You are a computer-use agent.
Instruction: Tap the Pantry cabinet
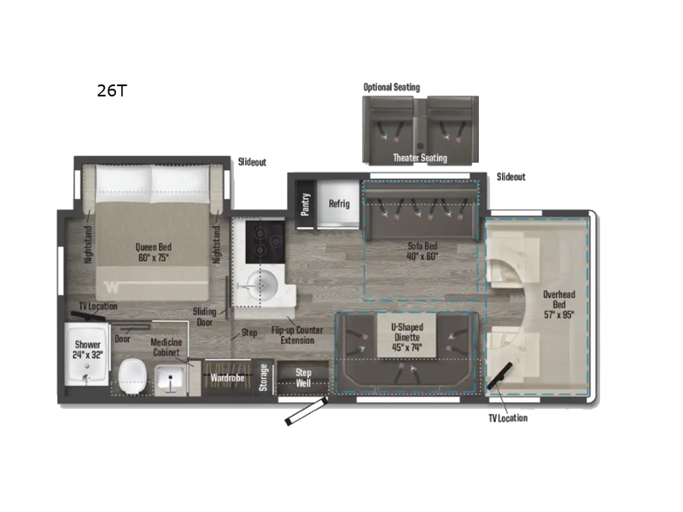point(306,204)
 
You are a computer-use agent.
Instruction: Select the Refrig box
point(340,204)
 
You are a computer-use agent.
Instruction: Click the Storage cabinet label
point(264,377)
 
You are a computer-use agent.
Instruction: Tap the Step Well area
point(303,377)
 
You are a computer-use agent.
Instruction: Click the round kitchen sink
point(262,284)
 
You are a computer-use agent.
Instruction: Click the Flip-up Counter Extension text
point(292,335)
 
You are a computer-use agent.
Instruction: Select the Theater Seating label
point(419,158)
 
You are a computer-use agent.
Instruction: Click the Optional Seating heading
point(392,87)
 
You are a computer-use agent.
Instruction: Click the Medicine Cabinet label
point(166,347)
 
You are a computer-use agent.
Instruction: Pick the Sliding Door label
point(205,317)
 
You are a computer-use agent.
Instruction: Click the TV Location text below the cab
point(507,417)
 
